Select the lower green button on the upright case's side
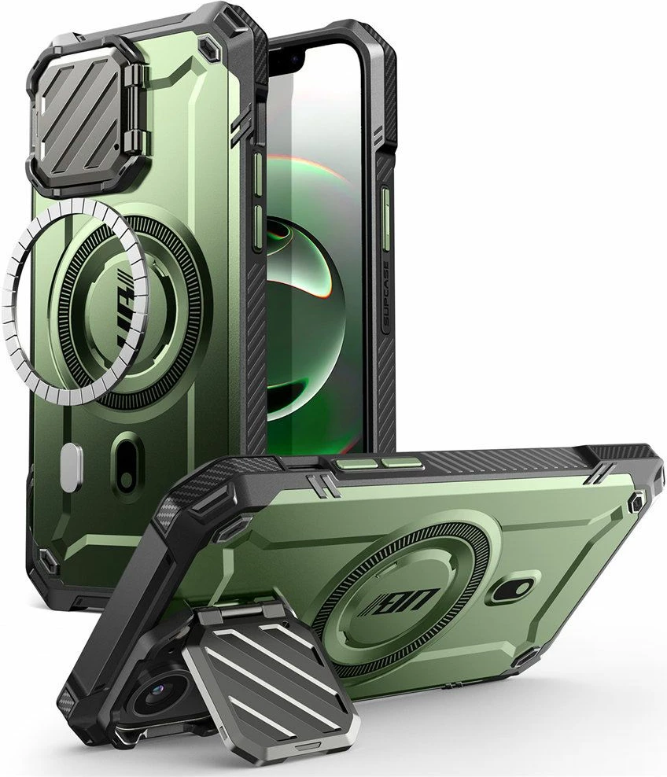pos(253,215)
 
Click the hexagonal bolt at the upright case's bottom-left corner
pos(48,559)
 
